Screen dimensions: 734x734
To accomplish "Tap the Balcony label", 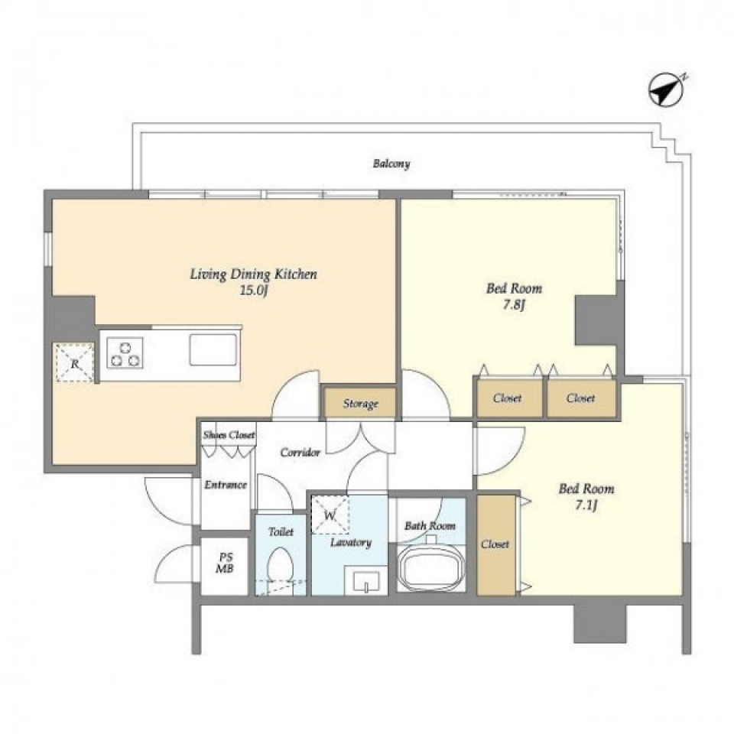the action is [x=391, y=164].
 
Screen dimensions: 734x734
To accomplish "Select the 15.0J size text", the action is [x=254, y=291].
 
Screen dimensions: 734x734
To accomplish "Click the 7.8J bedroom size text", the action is [x=514, y=305].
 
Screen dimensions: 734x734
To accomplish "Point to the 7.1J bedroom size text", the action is [x=586, y=505].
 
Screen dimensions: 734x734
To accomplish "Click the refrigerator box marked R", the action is [x=75, y=362].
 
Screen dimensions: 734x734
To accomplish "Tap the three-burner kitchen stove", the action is [x=125, y=353].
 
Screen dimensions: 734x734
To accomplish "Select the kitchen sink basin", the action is [x=213, y=349].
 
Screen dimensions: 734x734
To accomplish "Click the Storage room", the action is [x=360, y=403].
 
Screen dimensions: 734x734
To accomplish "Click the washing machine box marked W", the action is [x=330, y=515].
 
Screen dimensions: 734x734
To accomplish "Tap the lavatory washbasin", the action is [x=365, y=581].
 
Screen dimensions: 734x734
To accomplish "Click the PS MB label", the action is [x=224, y=563].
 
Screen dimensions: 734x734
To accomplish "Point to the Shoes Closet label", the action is [x=229, y=435].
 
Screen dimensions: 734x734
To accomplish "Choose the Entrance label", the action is [x=225, y=485].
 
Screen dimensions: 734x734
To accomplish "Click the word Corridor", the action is [x=300, y=452].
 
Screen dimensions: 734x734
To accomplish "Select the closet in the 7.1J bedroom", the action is [x=495, y=545].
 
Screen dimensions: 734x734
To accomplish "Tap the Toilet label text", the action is [x=281, y=532].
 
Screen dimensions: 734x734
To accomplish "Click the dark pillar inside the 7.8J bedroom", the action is [x=596, y=320].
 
